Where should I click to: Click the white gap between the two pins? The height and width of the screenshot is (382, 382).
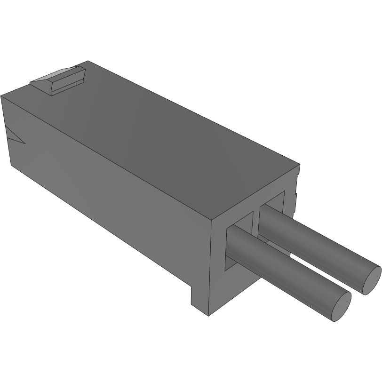(x=320, y=273)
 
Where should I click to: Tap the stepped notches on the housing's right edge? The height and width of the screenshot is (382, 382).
(x=296, y=188)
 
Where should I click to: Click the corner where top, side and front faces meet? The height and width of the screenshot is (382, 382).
(x=210, y=220)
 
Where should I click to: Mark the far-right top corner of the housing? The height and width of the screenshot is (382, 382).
(x=300, y=165)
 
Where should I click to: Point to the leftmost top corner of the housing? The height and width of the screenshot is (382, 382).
(x=1, y=95)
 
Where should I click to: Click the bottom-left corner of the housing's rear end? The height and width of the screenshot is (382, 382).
(x=10, y=166)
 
